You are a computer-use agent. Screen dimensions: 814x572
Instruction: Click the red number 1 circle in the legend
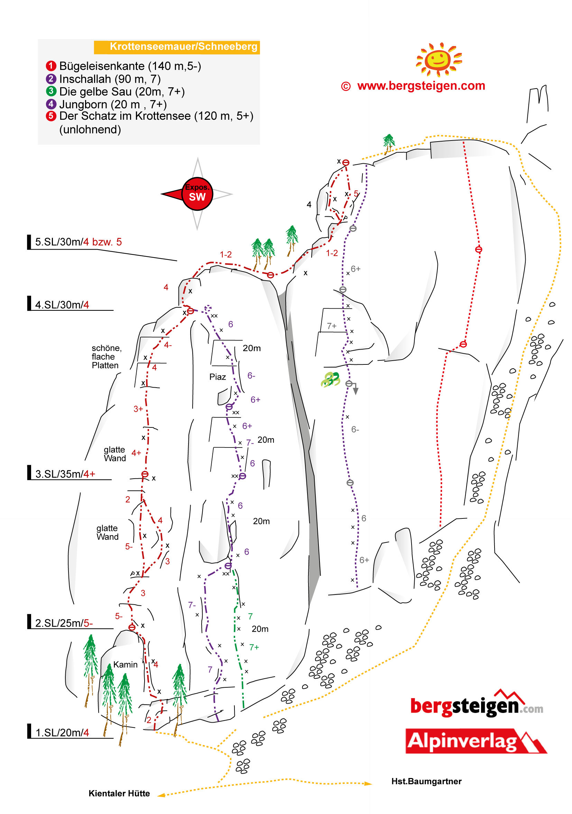(51, 66)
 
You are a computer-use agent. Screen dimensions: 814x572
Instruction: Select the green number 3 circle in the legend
(51, 91)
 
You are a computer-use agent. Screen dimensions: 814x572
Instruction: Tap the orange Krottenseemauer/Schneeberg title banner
(177, 47)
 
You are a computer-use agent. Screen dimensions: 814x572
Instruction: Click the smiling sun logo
(439, 59)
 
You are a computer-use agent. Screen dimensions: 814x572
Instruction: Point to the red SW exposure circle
(197, 193)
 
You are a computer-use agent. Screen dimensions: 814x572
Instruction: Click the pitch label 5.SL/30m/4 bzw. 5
(78, 242)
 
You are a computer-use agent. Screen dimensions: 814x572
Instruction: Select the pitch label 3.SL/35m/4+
(65, 474)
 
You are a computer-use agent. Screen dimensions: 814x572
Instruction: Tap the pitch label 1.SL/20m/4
(62, 732)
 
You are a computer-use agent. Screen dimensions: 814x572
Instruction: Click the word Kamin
(126, 664)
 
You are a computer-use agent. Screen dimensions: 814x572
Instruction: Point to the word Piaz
(218, 377)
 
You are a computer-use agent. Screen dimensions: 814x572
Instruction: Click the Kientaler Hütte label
(119, 793)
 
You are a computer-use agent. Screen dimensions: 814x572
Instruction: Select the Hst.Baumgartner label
(426, 781)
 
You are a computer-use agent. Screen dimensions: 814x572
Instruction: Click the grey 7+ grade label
(332, 326)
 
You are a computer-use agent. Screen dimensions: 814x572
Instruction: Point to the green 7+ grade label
(254, 647)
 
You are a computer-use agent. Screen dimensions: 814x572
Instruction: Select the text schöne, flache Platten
(106, 356)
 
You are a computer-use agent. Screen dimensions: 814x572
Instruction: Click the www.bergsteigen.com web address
(421, 86)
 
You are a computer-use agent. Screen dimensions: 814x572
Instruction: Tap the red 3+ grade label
(138, 409)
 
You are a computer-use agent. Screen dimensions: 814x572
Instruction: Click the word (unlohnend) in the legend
(90, 129)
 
